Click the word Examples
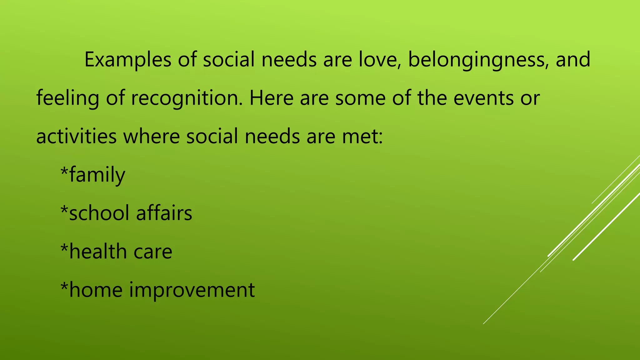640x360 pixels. (x=128, y=60)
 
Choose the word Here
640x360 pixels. (x=271, y=98)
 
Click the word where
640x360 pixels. (x=152, y=137)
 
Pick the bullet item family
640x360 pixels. (x=97, y=175)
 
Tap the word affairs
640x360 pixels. (x=164, y=213)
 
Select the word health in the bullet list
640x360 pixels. (x=97, y=252)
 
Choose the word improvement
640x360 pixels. (x=192, y=290)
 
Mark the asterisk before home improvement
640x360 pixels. (x=64, y=286)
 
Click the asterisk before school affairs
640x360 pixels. (x=64, y=209)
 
